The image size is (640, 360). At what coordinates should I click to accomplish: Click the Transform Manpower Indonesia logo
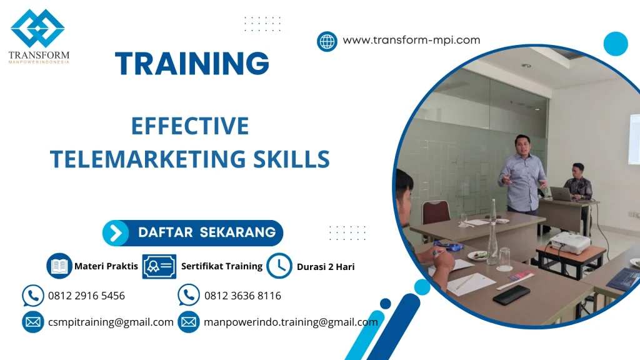[38, 36]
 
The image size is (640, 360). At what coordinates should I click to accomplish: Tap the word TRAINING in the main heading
[192, 64]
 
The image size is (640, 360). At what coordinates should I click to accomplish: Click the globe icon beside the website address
[327, 41]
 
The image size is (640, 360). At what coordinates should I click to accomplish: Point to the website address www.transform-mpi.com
[411, 40]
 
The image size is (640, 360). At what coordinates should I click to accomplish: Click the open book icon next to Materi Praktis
[59, 266]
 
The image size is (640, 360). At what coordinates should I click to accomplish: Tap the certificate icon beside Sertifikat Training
[159, 266]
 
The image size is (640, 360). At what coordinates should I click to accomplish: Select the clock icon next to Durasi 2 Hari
[279, 266]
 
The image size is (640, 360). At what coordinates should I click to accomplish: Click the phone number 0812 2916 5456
[86, 296]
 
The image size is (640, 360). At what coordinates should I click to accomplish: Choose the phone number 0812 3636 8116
[242, 296]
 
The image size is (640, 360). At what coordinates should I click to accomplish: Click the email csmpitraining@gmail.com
[111, 322]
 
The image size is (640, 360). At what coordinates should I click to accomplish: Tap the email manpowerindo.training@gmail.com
[291, 322]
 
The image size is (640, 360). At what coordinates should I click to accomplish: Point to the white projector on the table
[569, 242]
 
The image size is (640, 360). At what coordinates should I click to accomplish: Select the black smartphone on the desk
[511, 294]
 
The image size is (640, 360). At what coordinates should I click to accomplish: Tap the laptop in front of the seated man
[561, 194]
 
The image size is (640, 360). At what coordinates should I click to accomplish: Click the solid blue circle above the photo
[615, 44]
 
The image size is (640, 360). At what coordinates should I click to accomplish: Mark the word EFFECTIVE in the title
[189, 127]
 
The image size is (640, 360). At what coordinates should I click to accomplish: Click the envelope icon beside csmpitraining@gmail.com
[32, 322]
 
